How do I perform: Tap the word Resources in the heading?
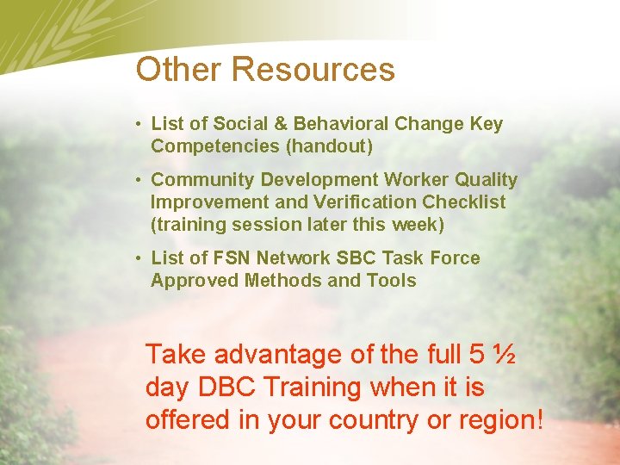click(x=313, y=70)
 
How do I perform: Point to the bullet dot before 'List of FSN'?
click(x=139, y=258)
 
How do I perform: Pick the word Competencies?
click(x=215, y=146)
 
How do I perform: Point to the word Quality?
click(x=486, y=180)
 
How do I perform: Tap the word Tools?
click(x=393, y=281)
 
